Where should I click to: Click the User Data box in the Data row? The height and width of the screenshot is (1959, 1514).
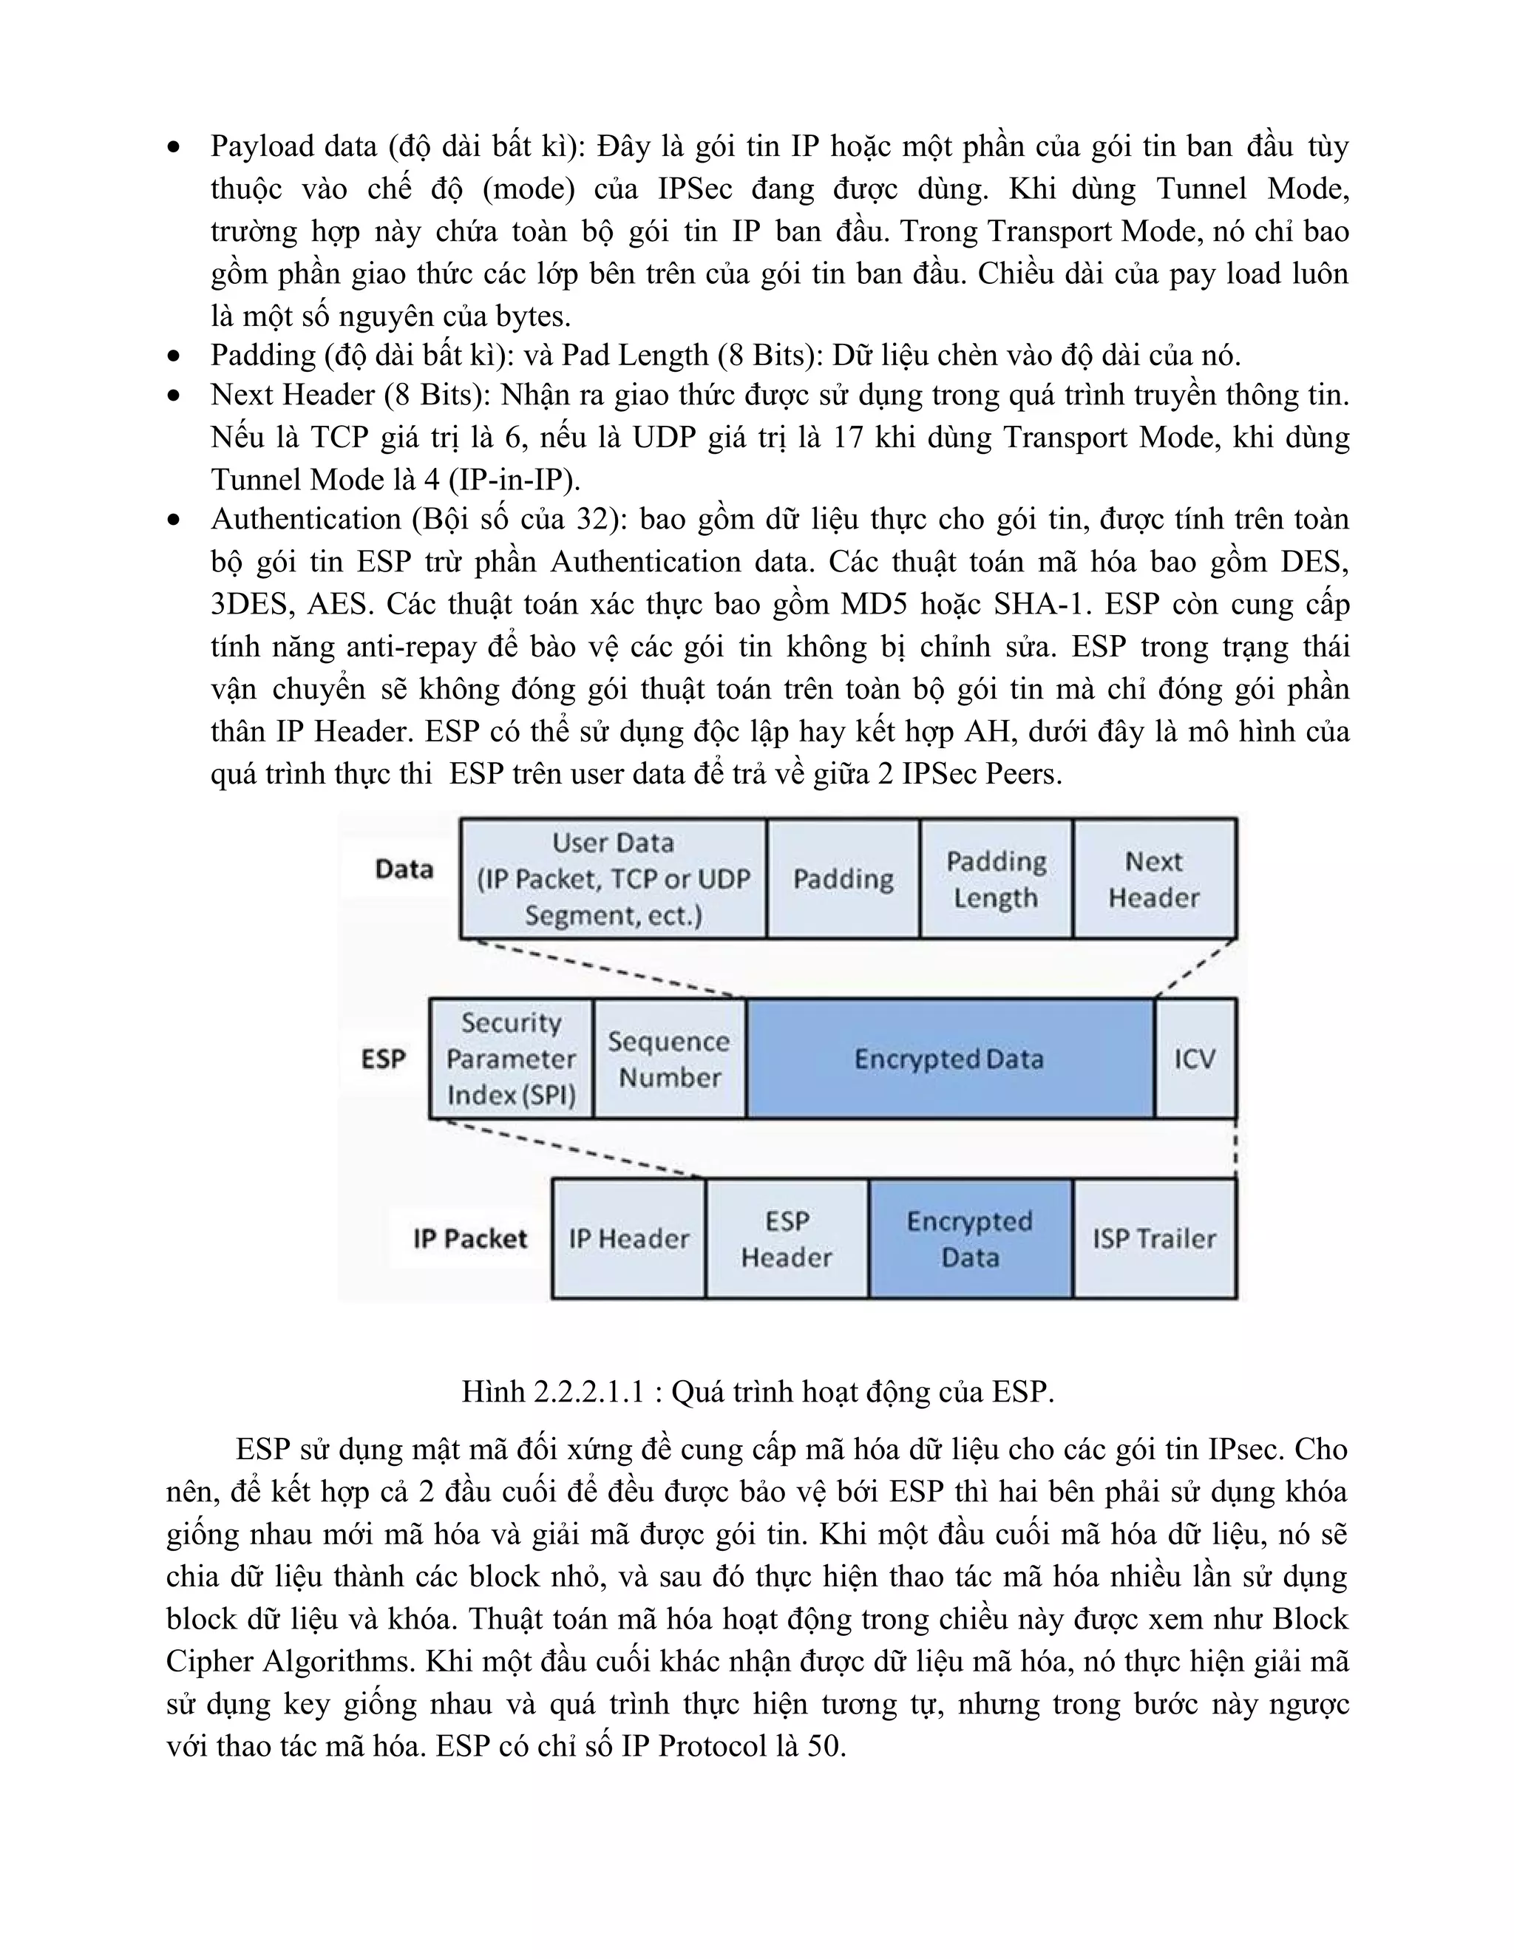tap(614, 878)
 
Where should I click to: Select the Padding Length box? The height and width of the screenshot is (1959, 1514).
tap(996, 878)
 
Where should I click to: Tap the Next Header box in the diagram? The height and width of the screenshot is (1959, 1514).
tap(1153, 878)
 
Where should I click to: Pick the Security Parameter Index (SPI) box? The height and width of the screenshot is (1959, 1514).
tap(512, 1059)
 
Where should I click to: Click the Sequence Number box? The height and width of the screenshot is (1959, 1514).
tap(669, 1059)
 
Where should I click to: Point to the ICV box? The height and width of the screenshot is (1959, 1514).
tap(1195, 1059)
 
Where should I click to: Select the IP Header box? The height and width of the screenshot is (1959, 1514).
tap(629, 1239)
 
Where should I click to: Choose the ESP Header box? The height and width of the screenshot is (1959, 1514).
tap(787, 1239)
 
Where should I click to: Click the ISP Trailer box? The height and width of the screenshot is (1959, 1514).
tap(1153, 1239)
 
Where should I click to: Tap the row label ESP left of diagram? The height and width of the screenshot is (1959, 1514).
tap(384, 1059)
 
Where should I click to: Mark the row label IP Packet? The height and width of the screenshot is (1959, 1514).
tap(470, 1239)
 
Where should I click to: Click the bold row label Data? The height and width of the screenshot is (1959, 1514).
tap(404, 869)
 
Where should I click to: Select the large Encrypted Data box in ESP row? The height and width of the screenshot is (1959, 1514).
tap(949, 1059)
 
